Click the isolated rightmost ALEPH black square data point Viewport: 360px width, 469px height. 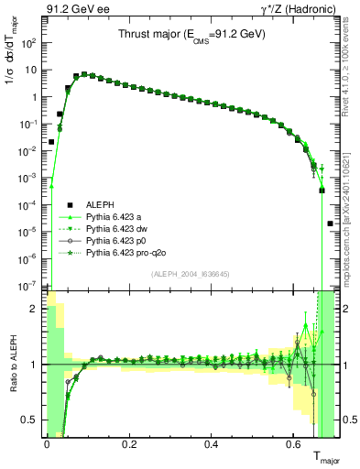tap(331, 224)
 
